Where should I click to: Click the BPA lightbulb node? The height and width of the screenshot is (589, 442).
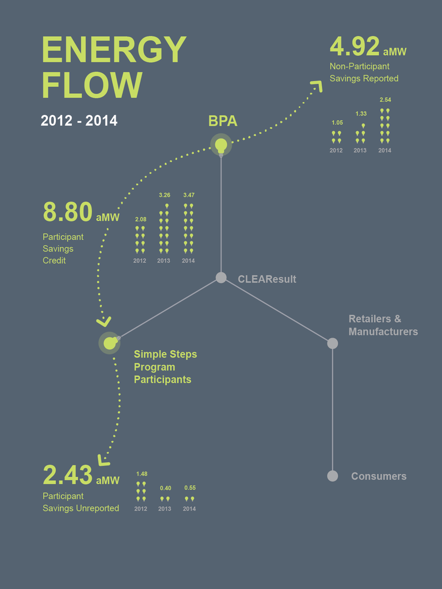221,144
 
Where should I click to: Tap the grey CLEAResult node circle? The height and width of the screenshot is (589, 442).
221,278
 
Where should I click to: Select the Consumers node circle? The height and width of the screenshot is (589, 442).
333,476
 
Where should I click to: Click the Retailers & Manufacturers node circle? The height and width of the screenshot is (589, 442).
333,343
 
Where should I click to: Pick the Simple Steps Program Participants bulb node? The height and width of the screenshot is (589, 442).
109,343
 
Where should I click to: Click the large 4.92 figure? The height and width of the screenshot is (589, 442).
355,47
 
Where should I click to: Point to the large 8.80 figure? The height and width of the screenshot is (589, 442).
68,212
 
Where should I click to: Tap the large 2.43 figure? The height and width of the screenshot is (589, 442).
68,475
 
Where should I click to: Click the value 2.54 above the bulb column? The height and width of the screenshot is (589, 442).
385,100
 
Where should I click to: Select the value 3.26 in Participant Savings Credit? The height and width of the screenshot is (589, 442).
164,196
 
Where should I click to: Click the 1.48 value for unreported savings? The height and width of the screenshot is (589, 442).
142,474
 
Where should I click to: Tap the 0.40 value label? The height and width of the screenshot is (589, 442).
165,488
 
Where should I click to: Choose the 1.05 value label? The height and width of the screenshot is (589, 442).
337,123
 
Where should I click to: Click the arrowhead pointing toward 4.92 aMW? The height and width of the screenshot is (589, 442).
316,86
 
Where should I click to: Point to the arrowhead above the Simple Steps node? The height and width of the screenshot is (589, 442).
105,322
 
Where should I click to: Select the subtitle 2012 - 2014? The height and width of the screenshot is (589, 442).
79,121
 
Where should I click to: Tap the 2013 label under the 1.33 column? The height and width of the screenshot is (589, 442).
360,151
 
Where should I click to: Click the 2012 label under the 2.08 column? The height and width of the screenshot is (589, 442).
140,261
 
